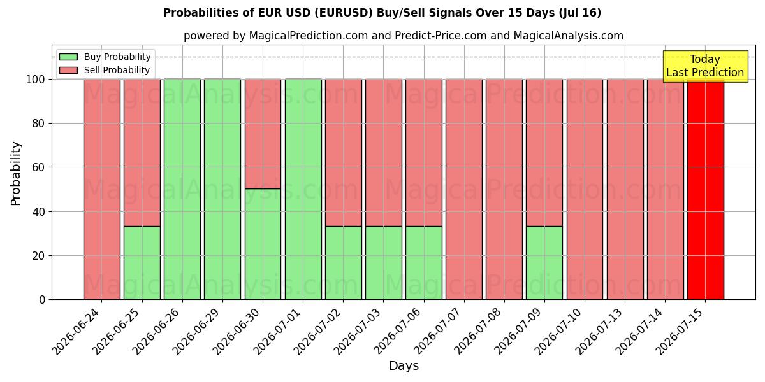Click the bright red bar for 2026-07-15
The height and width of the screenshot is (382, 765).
click(706, 189)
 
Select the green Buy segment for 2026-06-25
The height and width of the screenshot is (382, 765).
click(142, 262)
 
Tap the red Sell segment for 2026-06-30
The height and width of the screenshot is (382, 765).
click(263, 134)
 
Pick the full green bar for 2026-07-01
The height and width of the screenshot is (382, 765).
click(303, 189)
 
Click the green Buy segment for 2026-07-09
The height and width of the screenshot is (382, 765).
click(544, 262)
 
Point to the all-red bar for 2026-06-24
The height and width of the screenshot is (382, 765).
click(102, 189)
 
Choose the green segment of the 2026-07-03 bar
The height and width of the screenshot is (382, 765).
click(384, 262)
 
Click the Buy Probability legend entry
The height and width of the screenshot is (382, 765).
click(105, 57)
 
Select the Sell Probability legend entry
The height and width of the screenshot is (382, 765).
click(105, 70)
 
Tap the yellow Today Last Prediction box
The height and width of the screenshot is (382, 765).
click(706, 66)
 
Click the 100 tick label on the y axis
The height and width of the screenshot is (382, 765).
click(36, 80)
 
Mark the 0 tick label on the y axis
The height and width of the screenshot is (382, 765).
click(42, 300)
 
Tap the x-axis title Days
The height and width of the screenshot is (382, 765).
click(404, 365)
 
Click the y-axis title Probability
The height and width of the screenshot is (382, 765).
click(16, 174)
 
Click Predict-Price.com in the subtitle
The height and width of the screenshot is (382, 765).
click(441, 36)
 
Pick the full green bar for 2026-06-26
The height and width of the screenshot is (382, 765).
click(182, 189)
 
